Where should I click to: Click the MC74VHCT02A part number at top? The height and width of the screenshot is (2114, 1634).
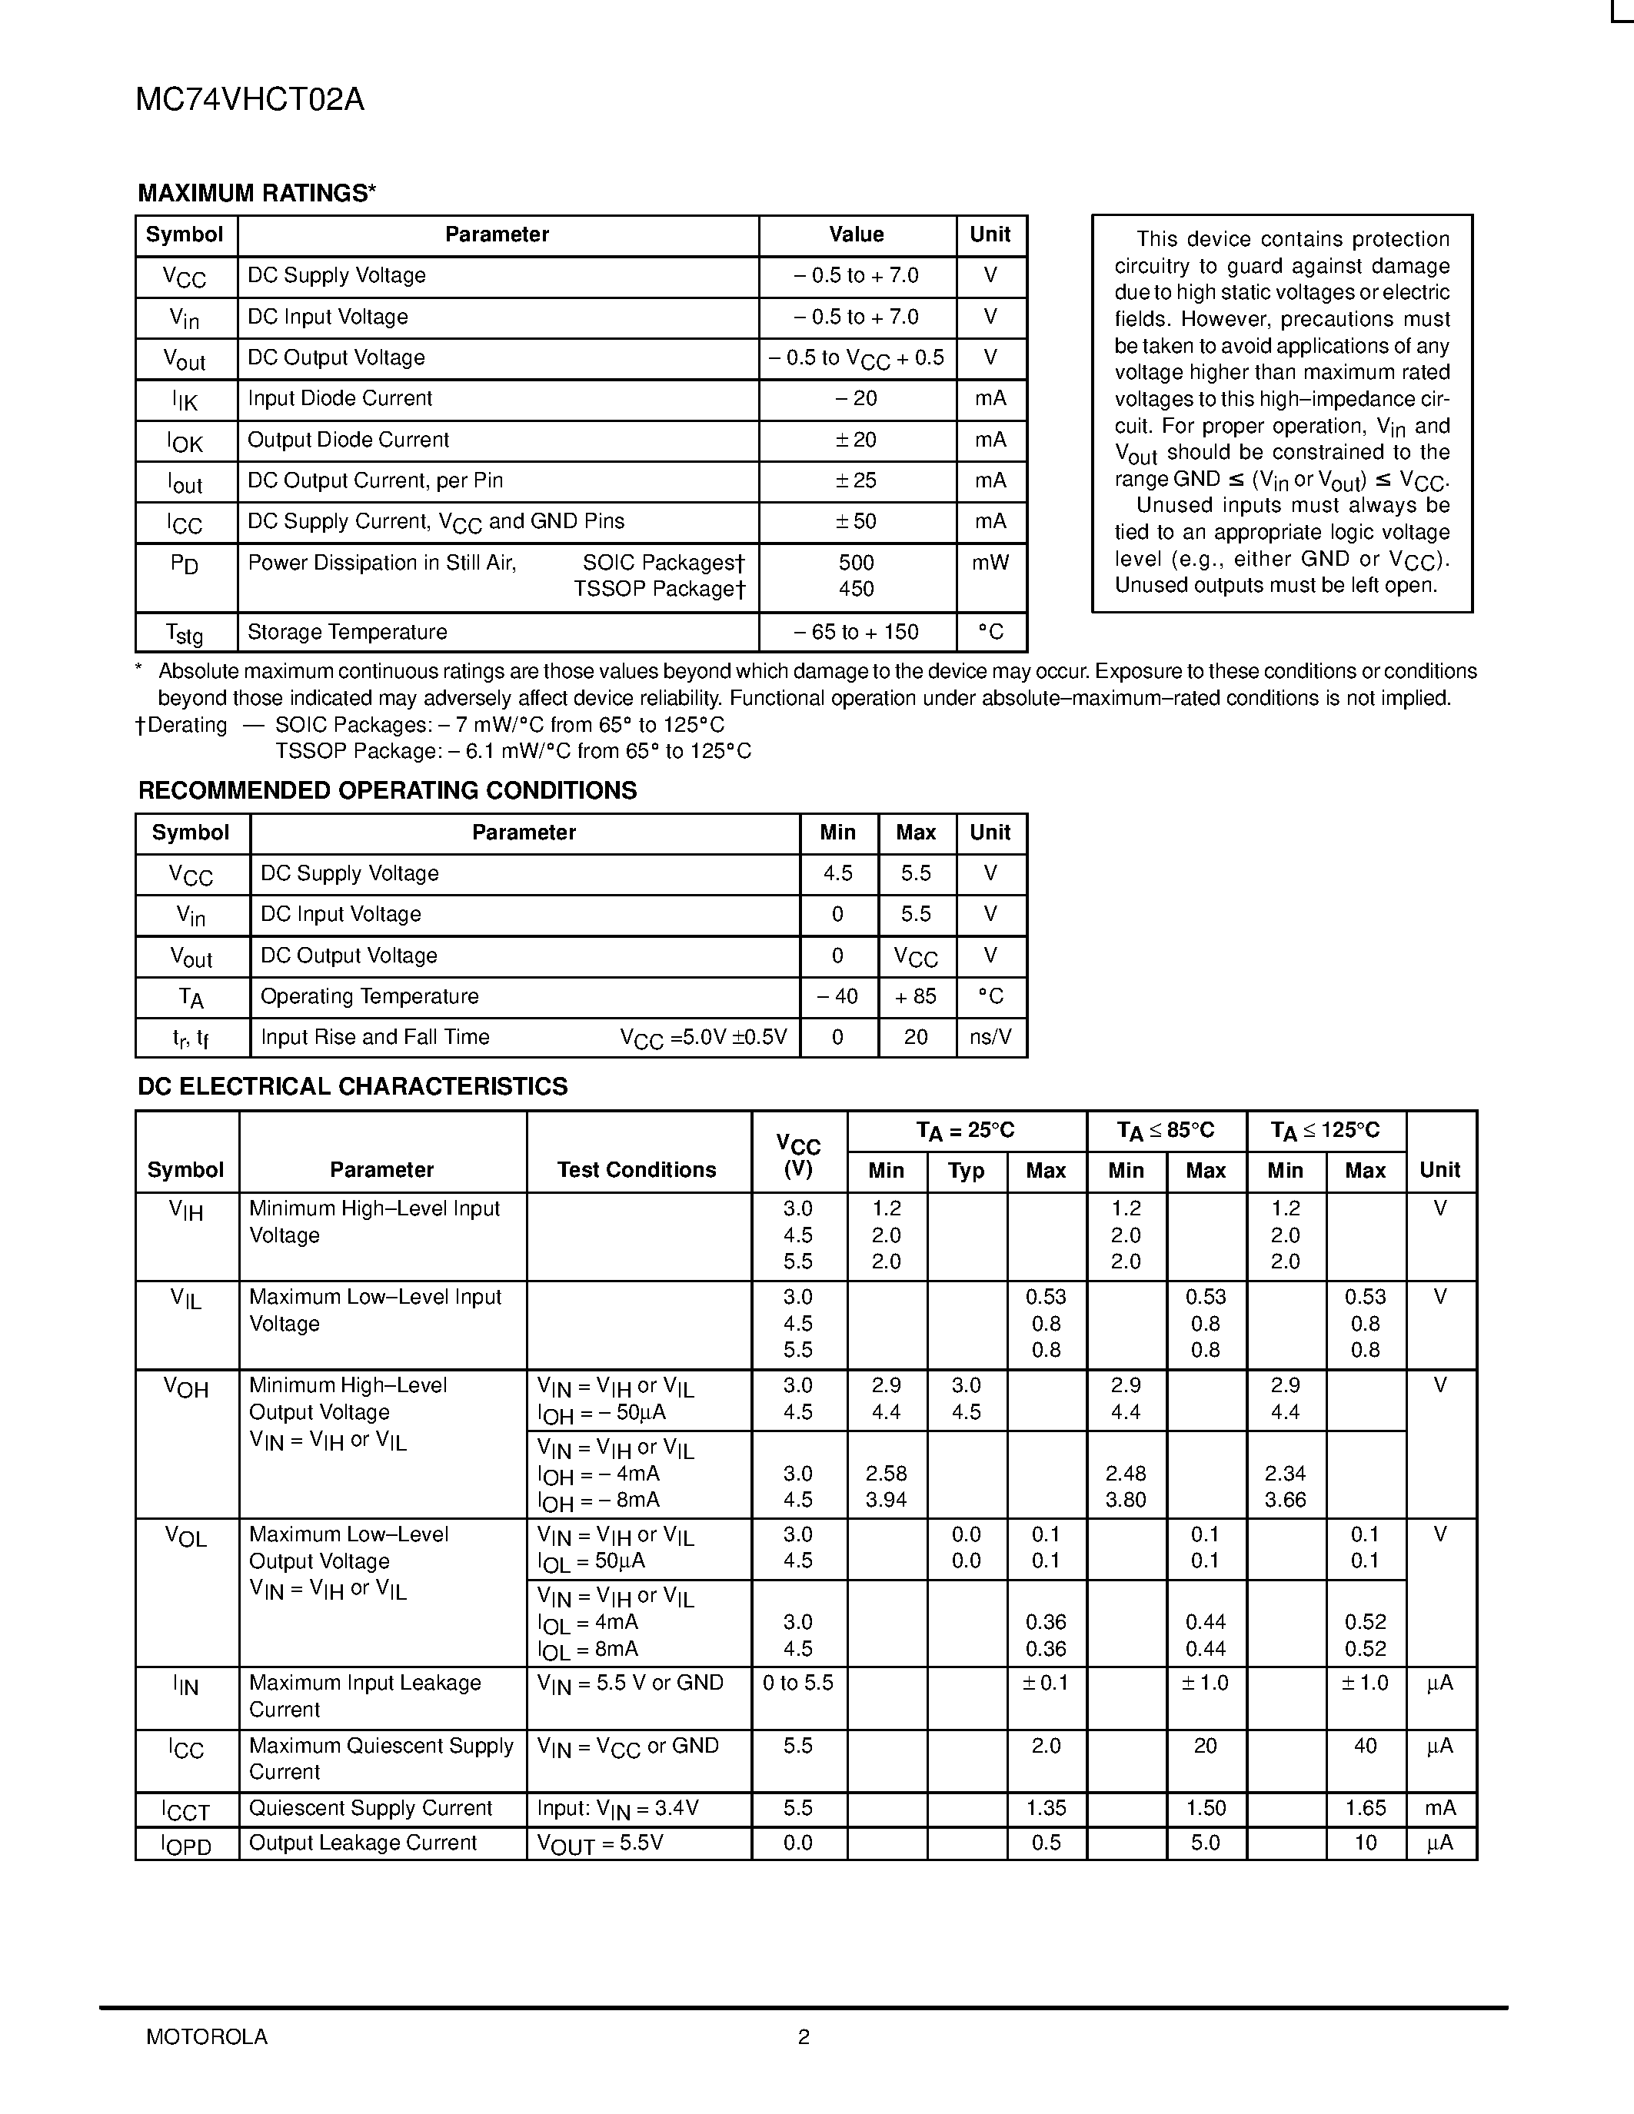pyautogui.click(x=250, y=100)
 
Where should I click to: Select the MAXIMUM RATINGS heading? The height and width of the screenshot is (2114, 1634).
pyautogui.click(x=257, y=194)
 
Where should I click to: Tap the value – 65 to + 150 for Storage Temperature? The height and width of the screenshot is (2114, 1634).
pyautogui.click(x=856, y=632)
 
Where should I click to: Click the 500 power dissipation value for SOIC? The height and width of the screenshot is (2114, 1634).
pyautogui.click(x=856, y=563)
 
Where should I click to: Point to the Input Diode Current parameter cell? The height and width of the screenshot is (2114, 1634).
pyautogui.click(x=340, y=399)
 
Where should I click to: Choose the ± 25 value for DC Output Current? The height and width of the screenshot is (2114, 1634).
pyautogui.click(x=856, y=481)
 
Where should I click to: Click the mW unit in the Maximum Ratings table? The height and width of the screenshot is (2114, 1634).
pyautogui.click(x=990, y=563)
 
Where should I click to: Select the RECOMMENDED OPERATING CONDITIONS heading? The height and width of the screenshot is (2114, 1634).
pyautogui.click(x=388, y=791)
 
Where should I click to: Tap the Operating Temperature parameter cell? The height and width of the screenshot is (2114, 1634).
pyautogui.click(x=369, y=997)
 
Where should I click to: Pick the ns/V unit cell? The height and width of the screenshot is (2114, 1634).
pyautogui.click(x=990, y=1038)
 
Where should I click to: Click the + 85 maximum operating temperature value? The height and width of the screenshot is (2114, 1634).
pyautogui.click(x=915, y=997)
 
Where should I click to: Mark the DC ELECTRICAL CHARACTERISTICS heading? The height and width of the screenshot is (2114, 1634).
pyautogui.click(x=352, y=1087)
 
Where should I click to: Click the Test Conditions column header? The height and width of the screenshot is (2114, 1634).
pyautogui.click(x=636, y=1170)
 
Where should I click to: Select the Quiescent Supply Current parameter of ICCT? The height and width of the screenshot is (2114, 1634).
pyautogui.click(x=371, y=1808)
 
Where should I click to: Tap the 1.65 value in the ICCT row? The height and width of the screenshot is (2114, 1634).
pyautogui.click(x=1365, y=1808)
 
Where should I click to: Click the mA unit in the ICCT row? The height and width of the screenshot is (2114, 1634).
pyautogui.click(x=1439, y=1808)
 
